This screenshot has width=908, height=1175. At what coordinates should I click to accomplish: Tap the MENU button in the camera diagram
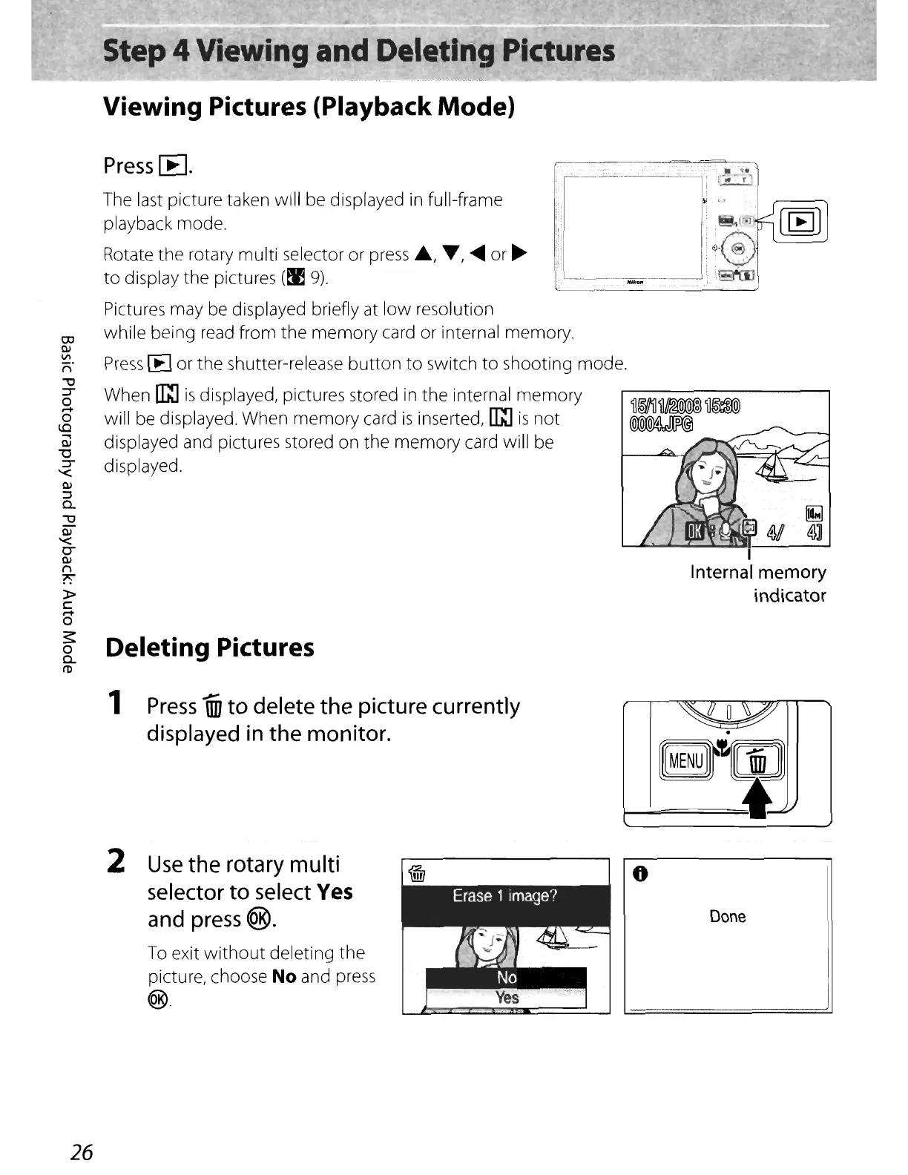point(685,760)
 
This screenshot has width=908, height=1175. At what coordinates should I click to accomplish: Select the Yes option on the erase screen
point(507,998)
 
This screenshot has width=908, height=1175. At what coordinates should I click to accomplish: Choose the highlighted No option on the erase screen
point(507,978)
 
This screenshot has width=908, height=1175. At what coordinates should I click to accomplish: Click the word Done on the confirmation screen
point(728,916)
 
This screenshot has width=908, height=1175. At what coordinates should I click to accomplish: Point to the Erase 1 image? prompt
point(504,895)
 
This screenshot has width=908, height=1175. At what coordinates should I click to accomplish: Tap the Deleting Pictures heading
point(210,647)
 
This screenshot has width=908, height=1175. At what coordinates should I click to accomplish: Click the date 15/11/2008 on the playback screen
point(662,407)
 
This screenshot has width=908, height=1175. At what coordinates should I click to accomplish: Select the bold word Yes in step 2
point(335,891)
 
